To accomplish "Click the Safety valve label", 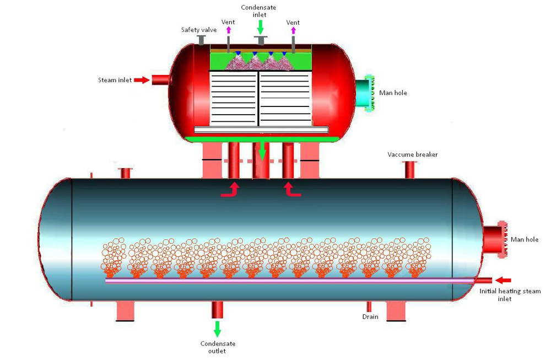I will [199, 30].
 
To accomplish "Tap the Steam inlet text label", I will [115, 80].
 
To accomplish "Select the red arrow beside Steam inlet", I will [142, 80].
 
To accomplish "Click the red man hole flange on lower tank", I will [495, 239].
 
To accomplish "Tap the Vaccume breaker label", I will [412, 154].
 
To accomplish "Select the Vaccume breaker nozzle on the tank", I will [409, 170].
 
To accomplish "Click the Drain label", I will [370, 317].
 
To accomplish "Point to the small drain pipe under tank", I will [369, 306].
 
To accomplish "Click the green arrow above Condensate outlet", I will [217, 329].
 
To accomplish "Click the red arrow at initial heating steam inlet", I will [503, 281].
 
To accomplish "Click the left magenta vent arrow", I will [229, 30].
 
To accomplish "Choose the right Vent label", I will [293, 23].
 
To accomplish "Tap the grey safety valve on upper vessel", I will [201, 40].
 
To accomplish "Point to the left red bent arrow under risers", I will [231, 190].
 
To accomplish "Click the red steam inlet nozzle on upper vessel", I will [160, 80].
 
